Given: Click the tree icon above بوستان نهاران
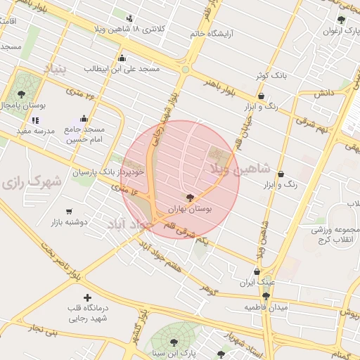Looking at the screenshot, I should click(189, 198).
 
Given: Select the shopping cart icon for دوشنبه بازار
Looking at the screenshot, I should click(69, 211).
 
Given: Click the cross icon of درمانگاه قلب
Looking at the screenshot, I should click(87, 297).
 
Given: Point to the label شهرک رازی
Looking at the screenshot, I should click(31, 182).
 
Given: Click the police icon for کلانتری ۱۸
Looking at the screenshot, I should click(129, 18).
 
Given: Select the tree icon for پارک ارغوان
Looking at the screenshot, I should click(341, 20).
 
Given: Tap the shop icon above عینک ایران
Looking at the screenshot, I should click(257, 272).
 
